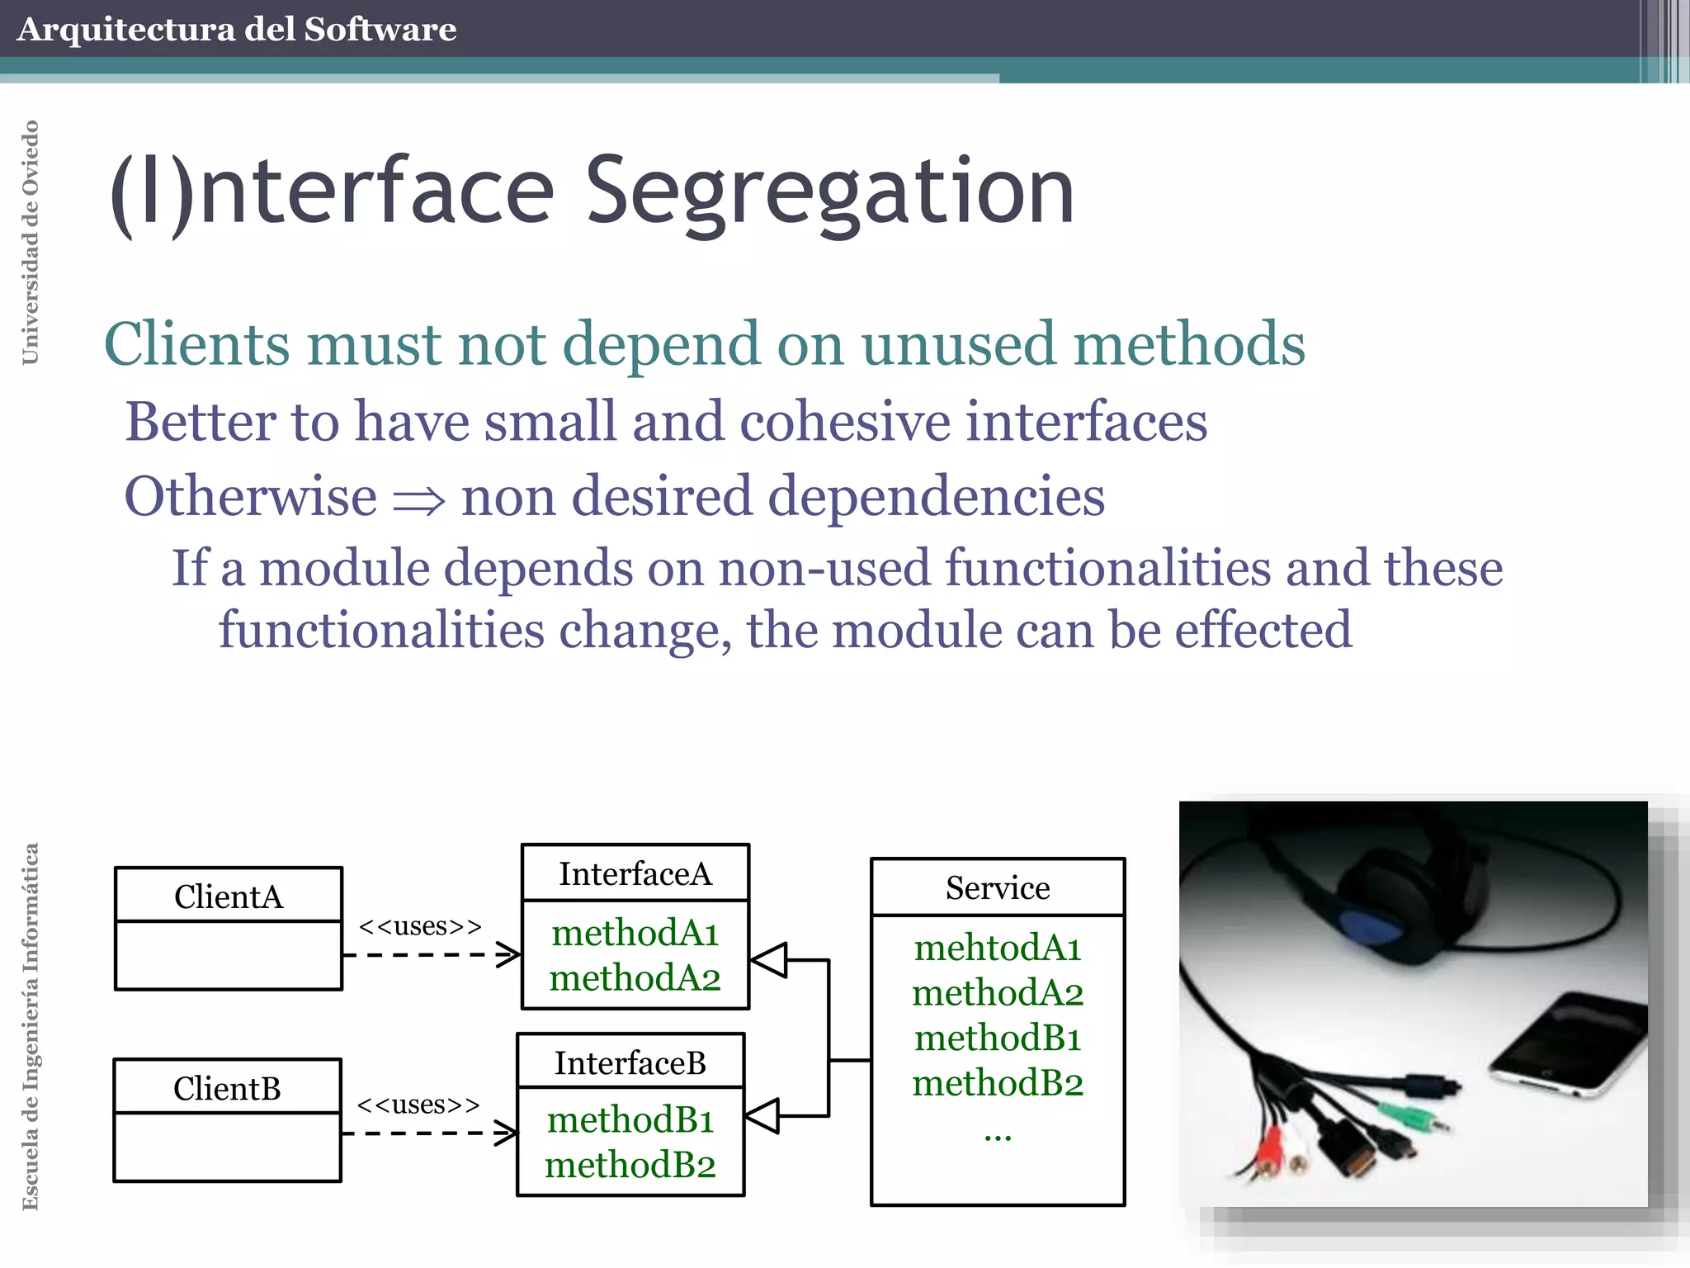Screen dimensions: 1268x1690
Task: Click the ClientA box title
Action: (x=229, y=897)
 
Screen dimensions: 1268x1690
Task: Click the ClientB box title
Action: (x=227, y=1088)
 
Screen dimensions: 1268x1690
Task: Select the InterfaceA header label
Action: (x=635, y=873)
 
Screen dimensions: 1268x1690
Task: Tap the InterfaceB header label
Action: (x=630, y=1062)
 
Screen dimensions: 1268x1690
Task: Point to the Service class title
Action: (x=998, y=887)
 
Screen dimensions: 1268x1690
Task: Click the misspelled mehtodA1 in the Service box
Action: (x=998, y=948)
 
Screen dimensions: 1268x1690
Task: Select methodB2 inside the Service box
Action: (x=998, y=1082)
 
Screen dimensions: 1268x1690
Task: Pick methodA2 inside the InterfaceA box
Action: (x=635, y=978)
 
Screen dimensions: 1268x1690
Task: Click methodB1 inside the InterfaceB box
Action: (x=630, y=1120)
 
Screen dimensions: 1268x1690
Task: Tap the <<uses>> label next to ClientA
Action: (x=420, y=926)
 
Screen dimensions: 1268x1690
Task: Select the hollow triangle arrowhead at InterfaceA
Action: (x=769, y=960)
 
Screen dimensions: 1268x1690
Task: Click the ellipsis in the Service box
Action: (x=998, y=1136)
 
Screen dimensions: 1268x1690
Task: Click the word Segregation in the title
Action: (x=829, y=192)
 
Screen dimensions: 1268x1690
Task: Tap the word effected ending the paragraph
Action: (x=1263, y=630)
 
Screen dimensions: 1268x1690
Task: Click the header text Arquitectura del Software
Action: (x=237, y=30)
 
